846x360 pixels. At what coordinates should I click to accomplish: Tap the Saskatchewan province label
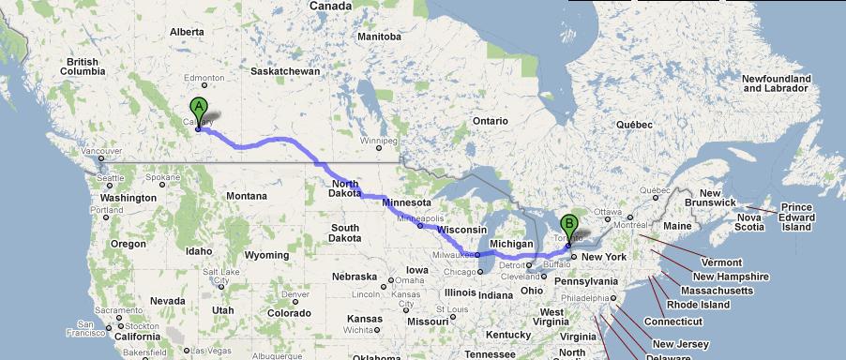click(285, 70)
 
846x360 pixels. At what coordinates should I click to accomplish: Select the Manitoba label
click(379, 37)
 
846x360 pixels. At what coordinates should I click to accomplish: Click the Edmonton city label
click(204, 77)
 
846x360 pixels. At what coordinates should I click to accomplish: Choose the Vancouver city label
click(103, 151)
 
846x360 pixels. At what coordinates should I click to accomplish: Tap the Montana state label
click(247, 195)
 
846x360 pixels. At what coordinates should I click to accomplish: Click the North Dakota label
click(344, 188)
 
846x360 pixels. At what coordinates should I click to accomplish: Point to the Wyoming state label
click(265, 255)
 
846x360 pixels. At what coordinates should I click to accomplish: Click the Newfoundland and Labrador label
click(775, 82)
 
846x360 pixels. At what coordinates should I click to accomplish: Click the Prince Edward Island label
click(796, 217)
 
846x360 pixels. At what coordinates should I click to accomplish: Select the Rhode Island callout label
click(698, 305)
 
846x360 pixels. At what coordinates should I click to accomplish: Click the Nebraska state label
click(354, 277)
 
